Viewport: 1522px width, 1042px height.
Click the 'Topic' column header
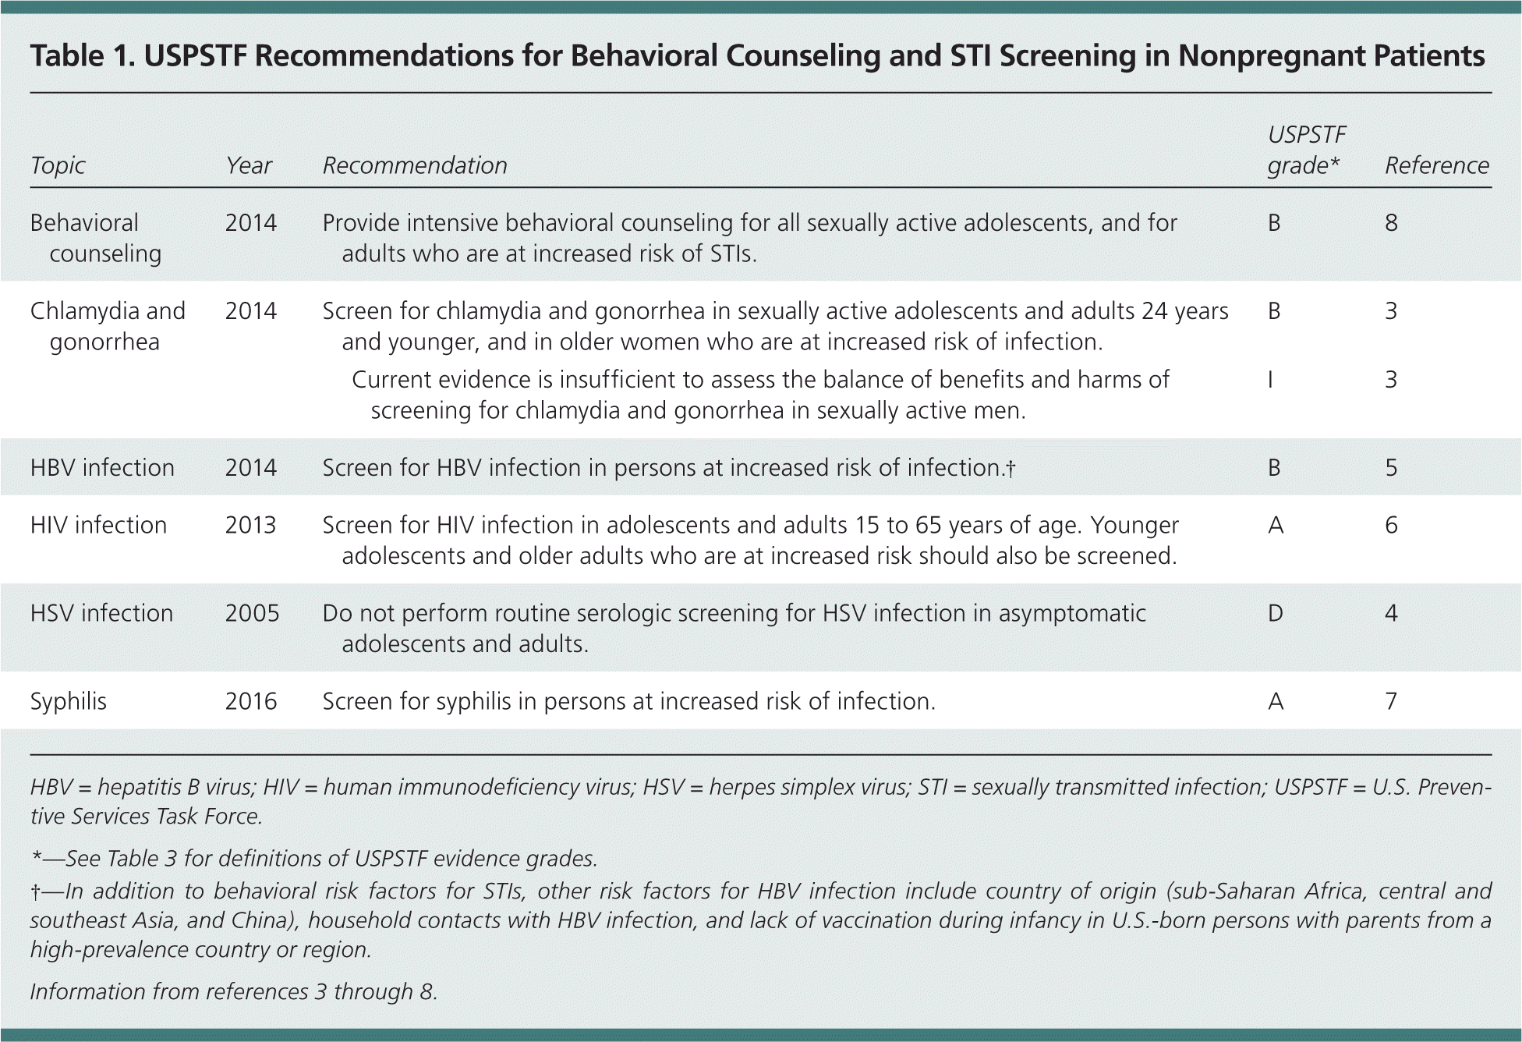click(x=58, y=165)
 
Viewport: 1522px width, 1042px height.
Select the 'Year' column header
click(x=249, y=165)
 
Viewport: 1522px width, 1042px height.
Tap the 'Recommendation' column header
click(x=415, y=165)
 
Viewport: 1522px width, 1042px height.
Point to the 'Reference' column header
click(x=1436, y=165)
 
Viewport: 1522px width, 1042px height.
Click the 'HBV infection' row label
click(x=102, y=468)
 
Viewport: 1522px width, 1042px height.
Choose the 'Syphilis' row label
click(x=68, y=701)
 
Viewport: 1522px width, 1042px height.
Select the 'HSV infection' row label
click(x=101, y=613)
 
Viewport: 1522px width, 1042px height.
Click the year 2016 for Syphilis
click(x=251, y=701)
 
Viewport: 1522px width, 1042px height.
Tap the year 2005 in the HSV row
click(x=252, y=613)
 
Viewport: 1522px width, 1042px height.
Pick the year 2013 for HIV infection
click(x=250, y=525)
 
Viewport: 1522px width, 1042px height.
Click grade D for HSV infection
click(x=1276, y=613)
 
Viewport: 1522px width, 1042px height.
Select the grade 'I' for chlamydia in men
click(x=1270, y=380)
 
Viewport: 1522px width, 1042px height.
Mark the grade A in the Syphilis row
click(x=1276, y=701)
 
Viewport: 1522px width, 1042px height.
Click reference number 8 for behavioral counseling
click(x=1391, y=223)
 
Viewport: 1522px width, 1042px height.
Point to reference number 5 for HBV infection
click(x=1391, y=468)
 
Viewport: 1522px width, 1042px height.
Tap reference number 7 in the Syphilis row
click(x=1391, y=701)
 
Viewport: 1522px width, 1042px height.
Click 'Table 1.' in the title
click(x=82, y=56)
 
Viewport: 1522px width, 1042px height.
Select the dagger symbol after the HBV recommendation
click(x=1011, y=468)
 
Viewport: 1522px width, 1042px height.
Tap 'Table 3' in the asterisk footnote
click(x=143, y=859)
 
